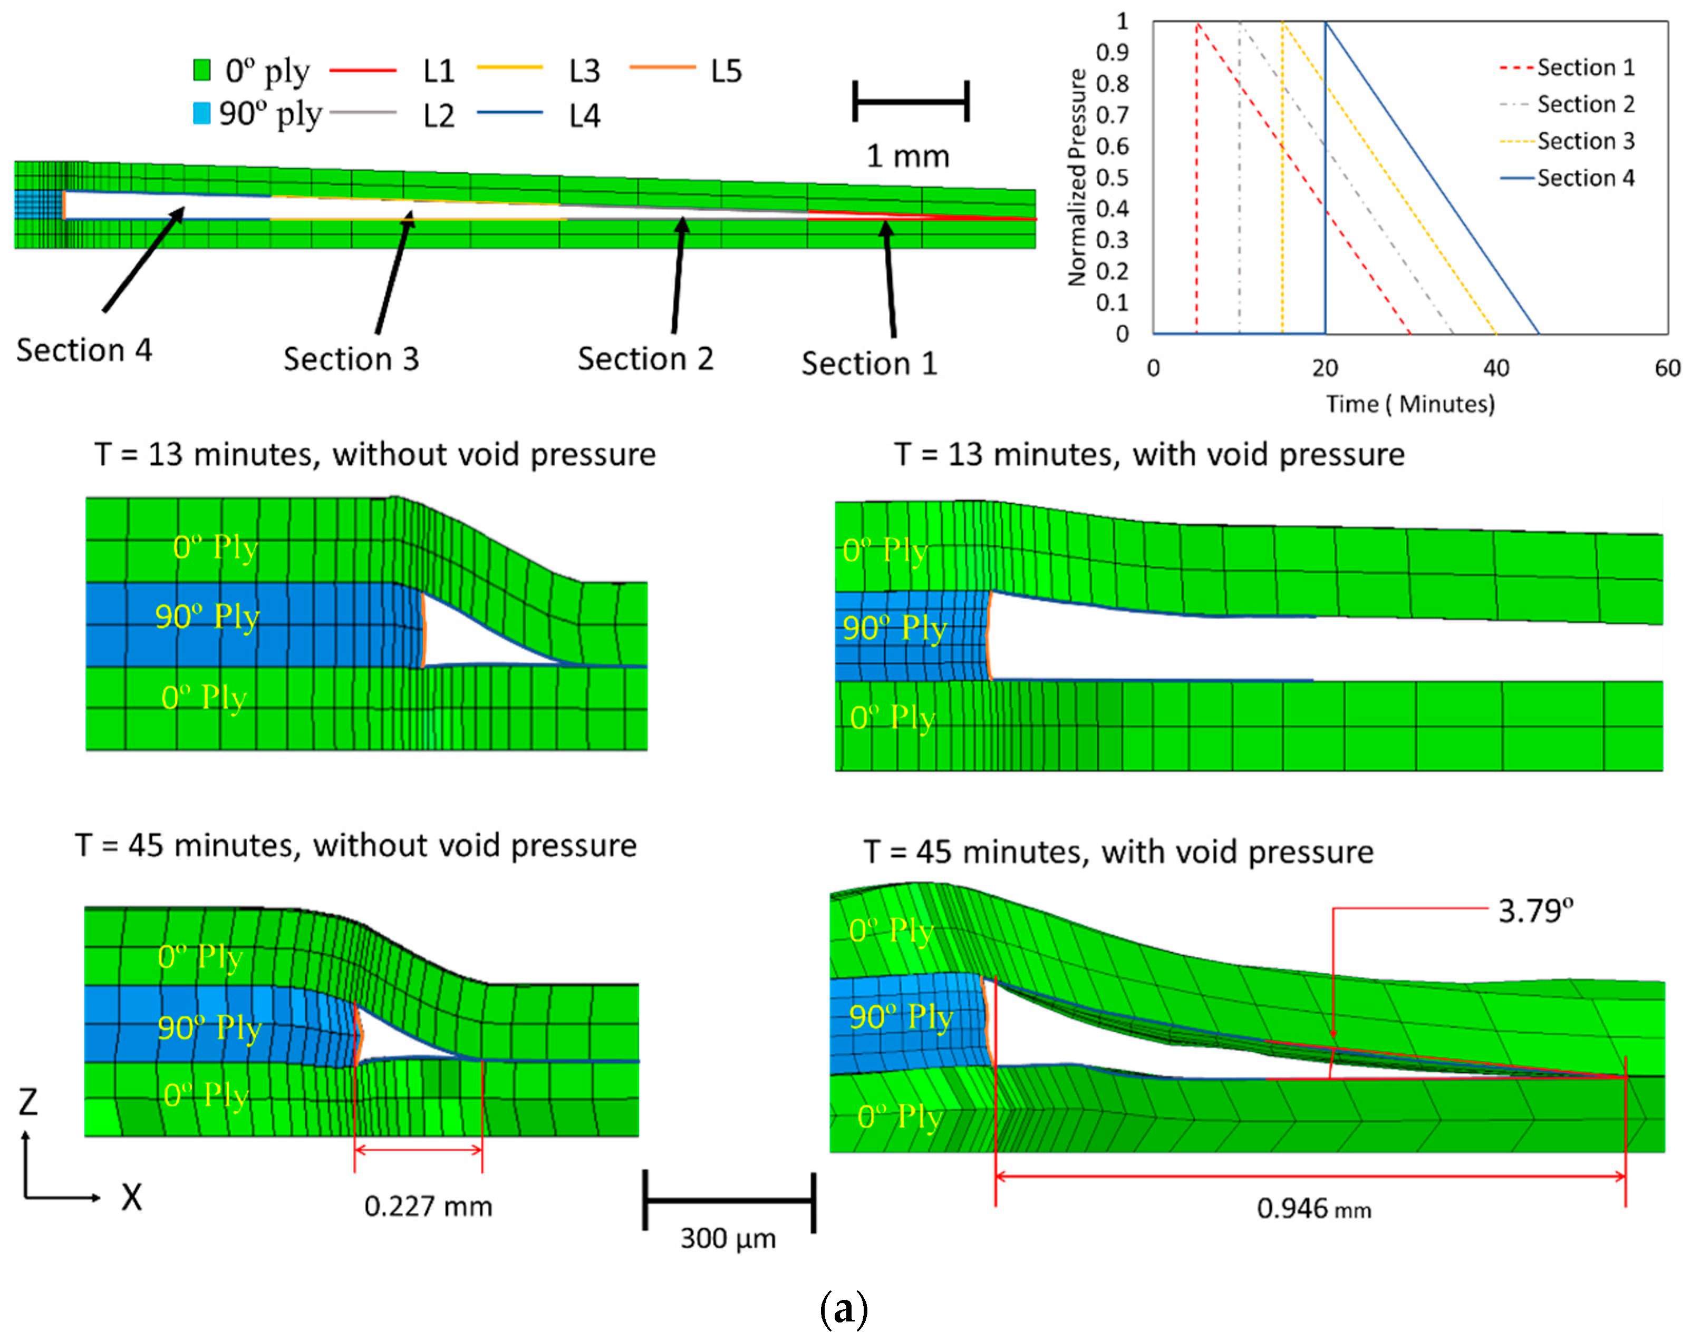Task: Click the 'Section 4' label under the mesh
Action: [x=84, y=350]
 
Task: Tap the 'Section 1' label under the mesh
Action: [x=869, y=364]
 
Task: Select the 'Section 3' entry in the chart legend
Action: [x=1585, y=141]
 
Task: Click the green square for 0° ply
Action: [x=201, y=71]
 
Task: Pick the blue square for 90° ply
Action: [x=201, y=114]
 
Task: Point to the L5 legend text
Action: [x=726, y=71]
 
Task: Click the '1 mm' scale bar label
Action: [x=907, y=156]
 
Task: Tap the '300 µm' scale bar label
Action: [x=728, y=1239]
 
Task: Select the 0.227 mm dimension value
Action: [x=428, y=1206]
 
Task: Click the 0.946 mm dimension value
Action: [x=1314, y=1208]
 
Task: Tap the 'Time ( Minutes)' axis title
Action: [x=1410, y=404]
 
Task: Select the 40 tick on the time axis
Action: [x=1496, y=368]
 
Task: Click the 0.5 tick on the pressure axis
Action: [x=1113, y=177]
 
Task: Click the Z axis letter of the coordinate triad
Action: [x=28, y=1102]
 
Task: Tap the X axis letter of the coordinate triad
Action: [x=131, y=1198]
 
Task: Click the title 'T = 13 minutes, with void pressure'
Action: [x=1149, y=455]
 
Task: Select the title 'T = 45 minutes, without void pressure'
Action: [x=356, y=845]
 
